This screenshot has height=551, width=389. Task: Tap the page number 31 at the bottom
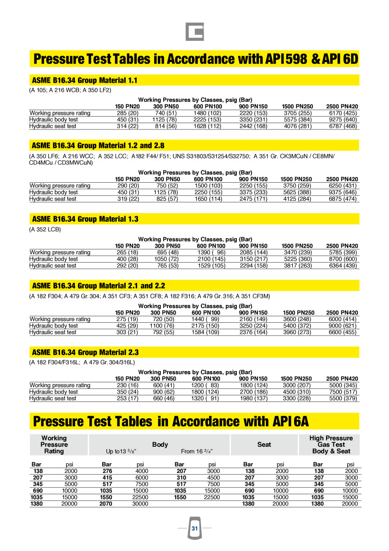(194, 529)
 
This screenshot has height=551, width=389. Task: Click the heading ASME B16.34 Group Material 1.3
(85, 219)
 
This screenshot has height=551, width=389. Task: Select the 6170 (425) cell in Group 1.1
(343, 113)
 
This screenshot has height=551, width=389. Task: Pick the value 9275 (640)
(343, 119)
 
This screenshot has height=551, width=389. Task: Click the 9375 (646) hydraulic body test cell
(343, 192)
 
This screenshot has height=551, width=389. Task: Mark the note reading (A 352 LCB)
(45, 229)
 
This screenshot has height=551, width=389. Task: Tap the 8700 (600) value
(343, 259)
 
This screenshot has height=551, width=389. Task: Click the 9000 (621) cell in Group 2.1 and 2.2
(343, 326)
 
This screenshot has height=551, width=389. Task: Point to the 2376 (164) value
(253, 332)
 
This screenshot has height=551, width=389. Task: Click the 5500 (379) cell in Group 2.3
(343, 399)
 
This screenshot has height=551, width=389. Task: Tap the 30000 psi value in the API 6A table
(140, 504)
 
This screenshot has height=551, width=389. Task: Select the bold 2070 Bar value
(106, 504)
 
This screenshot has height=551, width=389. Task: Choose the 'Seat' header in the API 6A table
(264, 444)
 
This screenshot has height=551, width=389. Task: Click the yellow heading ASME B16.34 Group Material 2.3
(85, 352)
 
